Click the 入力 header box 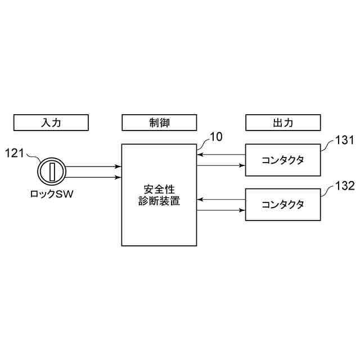point(51,122)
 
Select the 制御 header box point(160,122)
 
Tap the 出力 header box point(283,122)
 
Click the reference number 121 point(15,152)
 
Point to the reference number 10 point(216,137)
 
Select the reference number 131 point(344,140)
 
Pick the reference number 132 point(344,185)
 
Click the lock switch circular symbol point(52,172)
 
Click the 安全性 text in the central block point(160,188)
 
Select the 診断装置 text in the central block point(160,201)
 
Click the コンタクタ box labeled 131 point(283,160)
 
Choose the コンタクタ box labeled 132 point(283,204)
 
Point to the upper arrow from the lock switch point(93,166)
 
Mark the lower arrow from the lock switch point(93,177)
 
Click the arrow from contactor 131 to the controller point(221,154)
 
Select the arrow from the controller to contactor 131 point(221,165)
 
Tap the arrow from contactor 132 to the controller point(221,199)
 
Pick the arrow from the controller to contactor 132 point(221,210)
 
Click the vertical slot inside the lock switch point(52,172)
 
